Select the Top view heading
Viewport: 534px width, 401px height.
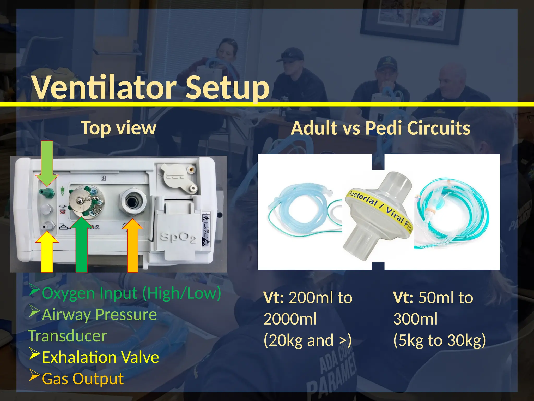pos(118,128)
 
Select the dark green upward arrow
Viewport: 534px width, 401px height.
pos(81,245)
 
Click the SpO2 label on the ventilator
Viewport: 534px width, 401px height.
pos(178,238)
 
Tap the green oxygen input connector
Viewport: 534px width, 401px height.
pos(47,193)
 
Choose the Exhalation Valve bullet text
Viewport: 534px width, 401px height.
pos(100,357)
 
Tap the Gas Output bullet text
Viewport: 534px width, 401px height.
pos(82,379)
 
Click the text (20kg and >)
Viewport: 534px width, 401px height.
pos(308,340)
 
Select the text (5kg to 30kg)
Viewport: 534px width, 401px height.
pos(440,340)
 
